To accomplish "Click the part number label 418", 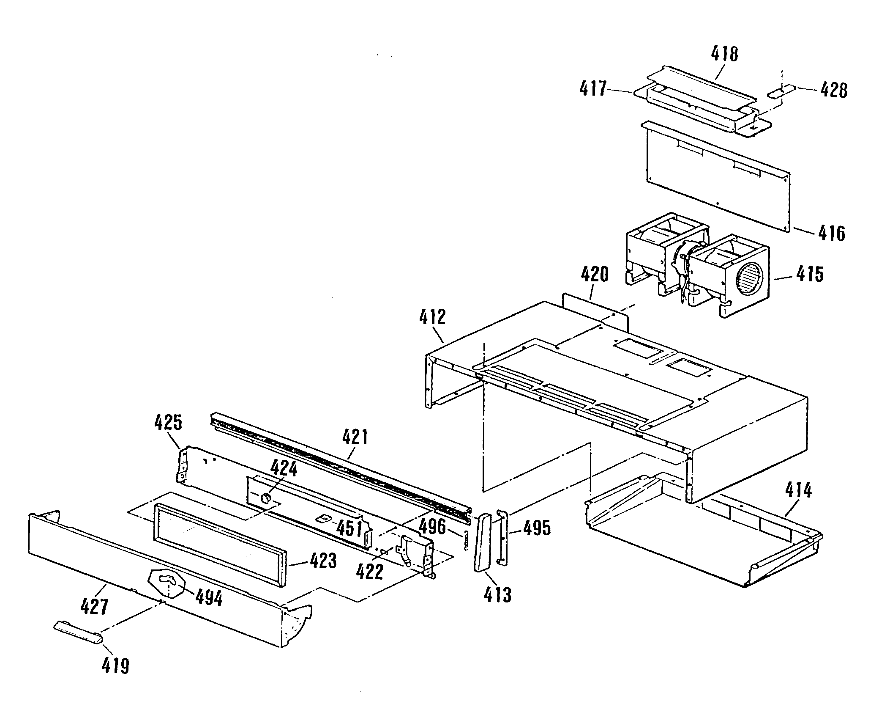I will point(724,54).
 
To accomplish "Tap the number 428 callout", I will point(833,91).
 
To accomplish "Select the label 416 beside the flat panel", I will point(831,233).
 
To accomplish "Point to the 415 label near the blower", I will point(810,274).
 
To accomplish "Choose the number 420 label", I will point(594,275).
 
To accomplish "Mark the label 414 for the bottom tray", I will point(798,491).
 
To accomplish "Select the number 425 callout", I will point(168,423).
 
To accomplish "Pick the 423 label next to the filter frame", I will point(323,561).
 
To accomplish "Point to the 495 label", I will point(537,528).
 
